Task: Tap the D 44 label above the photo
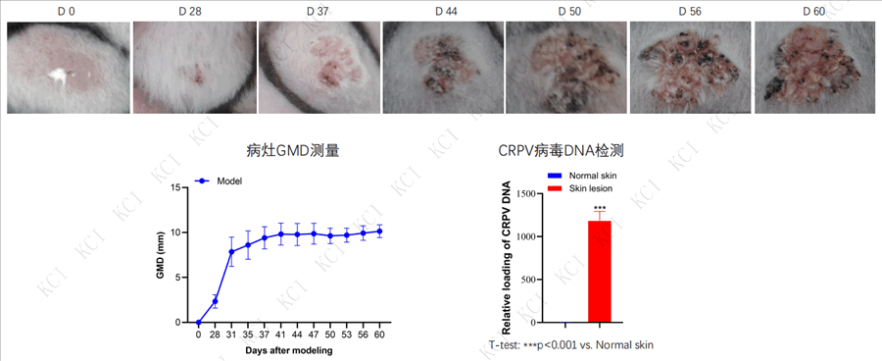tap(443, 11)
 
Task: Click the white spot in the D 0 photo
tap(59, 77)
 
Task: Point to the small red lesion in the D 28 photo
tap(196, 74)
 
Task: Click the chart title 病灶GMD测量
tap(293, 151)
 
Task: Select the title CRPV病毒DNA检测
tap(562, 151)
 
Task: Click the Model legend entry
tap(219, 181)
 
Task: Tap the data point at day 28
tap(215, 301)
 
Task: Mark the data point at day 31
tap(231, 252)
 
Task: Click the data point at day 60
tap(379, 231)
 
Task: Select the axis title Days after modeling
tap(288, 350)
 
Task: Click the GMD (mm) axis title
tap(160, 255)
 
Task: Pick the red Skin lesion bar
tap(599, 272)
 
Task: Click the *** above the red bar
tap(599, 207)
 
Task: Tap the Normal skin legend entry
tap(579, 177)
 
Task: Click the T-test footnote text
tap(571, 344)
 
